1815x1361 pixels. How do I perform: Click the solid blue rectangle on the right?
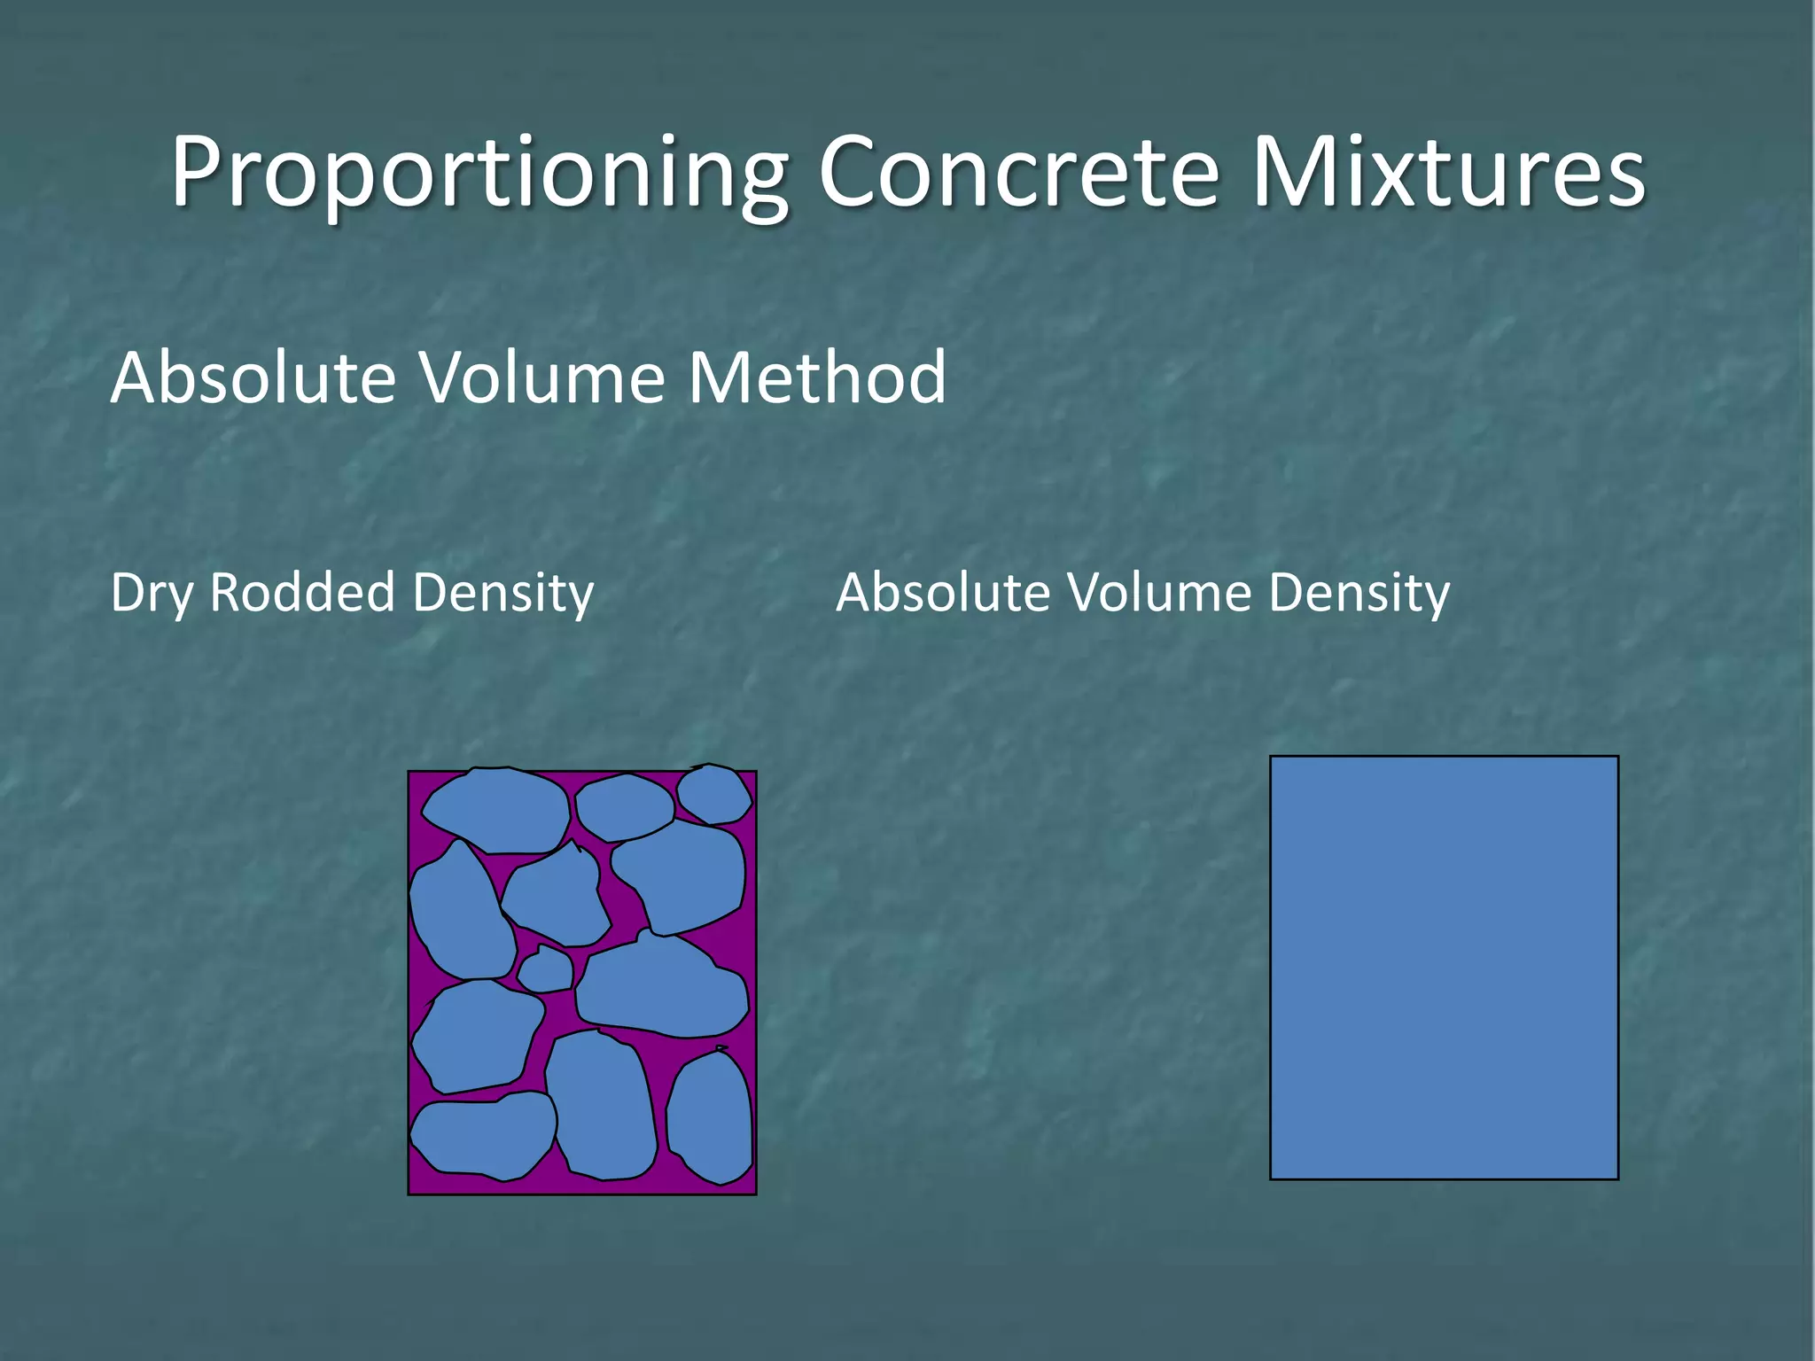(1444, 968)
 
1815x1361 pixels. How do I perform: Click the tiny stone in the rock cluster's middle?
(545, 970)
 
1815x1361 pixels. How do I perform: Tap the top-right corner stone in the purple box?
(714, 794)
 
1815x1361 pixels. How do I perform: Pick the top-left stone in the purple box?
(496, 811)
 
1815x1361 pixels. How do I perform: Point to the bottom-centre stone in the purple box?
(600, 1108)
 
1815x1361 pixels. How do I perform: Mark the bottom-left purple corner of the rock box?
(414, 1188)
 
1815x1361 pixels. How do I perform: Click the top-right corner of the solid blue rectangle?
(1616, 758)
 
